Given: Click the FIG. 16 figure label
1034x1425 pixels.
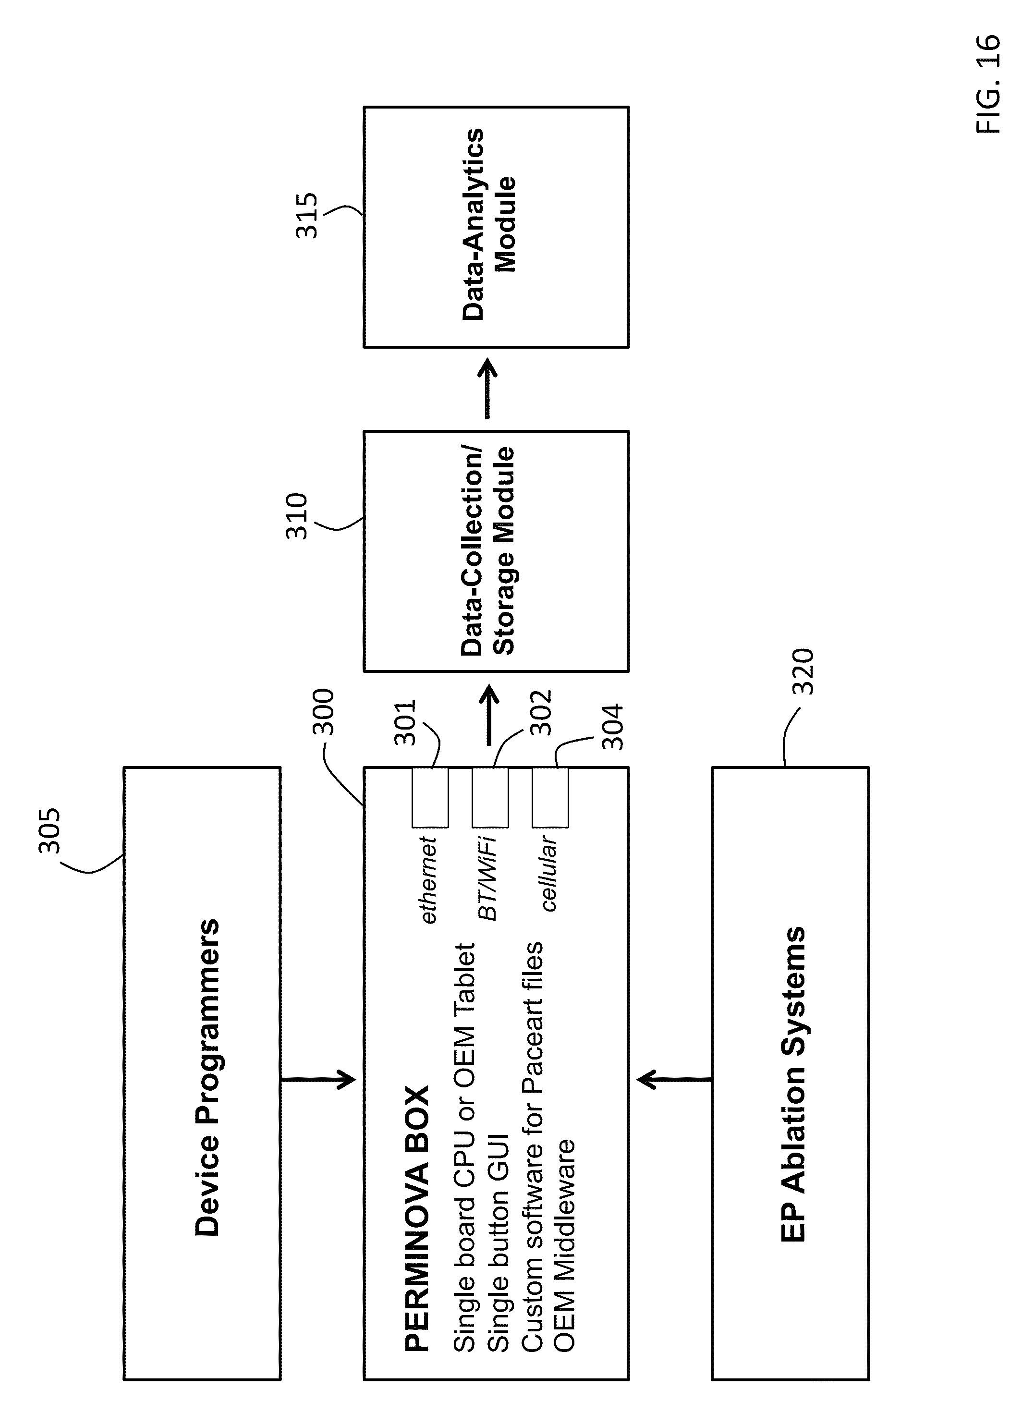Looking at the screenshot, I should pos(988,84).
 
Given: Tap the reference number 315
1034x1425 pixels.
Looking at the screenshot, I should pos(307,216).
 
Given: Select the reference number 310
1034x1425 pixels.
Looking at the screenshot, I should pos(297,516).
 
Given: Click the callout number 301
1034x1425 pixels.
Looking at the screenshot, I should pos(405,722).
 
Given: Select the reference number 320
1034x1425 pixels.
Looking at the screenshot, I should pos(803,671).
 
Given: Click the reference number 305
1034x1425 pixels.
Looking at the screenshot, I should pos(49,830).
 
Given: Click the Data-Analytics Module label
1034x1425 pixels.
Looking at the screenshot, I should pos(489,225).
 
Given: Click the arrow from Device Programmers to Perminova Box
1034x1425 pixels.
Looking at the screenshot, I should pos(319,1079).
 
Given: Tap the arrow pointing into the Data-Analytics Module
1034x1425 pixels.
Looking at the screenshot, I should pos(487,388).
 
